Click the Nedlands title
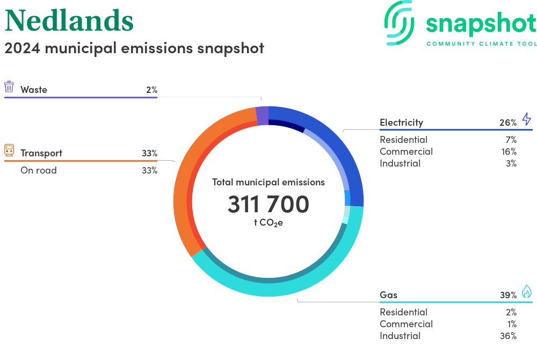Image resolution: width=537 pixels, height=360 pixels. tap(69, 20)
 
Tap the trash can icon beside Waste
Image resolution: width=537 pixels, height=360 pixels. tap(9, 87)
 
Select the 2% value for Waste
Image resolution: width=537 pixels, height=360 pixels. tap(151, 90)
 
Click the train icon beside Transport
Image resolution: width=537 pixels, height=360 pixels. tap(9, 150)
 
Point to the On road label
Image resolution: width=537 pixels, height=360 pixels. tap(39, 170)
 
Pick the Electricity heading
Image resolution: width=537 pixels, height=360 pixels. tap(401, 123)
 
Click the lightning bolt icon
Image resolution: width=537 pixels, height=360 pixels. tap(526, 119)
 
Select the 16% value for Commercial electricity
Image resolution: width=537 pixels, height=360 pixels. tap(509, 152)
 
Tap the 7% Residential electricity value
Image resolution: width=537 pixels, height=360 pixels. tap(510, 140)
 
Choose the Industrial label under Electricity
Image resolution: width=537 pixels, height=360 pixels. tap(400, 163)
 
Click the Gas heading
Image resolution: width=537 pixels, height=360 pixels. tap(389, 295)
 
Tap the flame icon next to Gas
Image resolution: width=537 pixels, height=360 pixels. tap(526, 291)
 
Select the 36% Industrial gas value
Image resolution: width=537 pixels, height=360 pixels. tap(508, 336)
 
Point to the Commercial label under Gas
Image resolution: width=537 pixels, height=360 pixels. tap(406, 324)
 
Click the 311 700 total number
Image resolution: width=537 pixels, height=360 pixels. tap(268, 204)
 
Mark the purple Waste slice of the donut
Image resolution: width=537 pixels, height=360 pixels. tap(262, 116)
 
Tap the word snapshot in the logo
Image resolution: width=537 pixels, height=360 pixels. tap(481, 24)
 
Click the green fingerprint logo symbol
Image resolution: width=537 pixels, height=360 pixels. tap(400, 23)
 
